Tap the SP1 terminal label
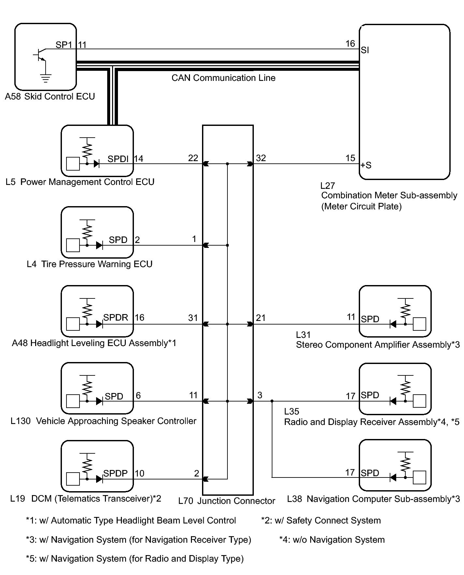[64, 45]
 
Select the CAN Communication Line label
[223, 78]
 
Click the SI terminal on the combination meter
[365, 50]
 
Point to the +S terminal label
[366, 165]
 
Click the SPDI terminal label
[118, 159]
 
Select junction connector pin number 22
[193, 158]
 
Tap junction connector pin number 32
[261, 158]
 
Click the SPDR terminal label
[116, 317]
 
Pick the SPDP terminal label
[115, 473]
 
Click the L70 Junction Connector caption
[227, 501]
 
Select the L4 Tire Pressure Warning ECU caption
[90, 264]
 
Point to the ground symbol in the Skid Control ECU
[45, 78]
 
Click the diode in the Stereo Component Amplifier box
[393, 324]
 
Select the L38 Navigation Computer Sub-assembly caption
[373, 499]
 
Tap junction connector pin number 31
[193, 318]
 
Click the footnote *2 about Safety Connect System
[321, 521]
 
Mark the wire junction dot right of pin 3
[272, 401]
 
